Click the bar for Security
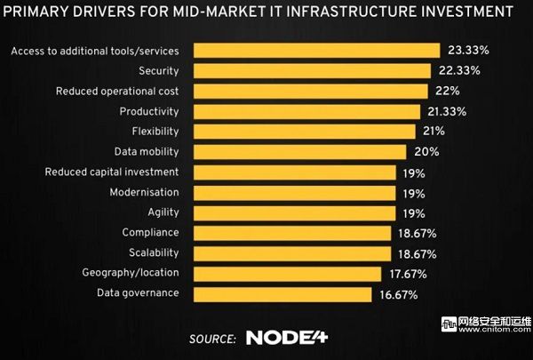(310, 70)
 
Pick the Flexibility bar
(301, 132)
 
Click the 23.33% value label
(467, 51)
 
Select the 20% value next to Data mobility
(426, 152)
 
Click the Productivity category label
(149, 111)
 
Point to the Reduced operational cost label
(117, 91)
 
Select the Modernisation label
(144, 192)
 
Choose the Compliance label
(150, 232)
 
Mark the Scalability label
(153, 252)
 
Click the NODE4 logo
(287, 338)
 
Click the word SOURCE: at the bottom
(212, 339)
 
